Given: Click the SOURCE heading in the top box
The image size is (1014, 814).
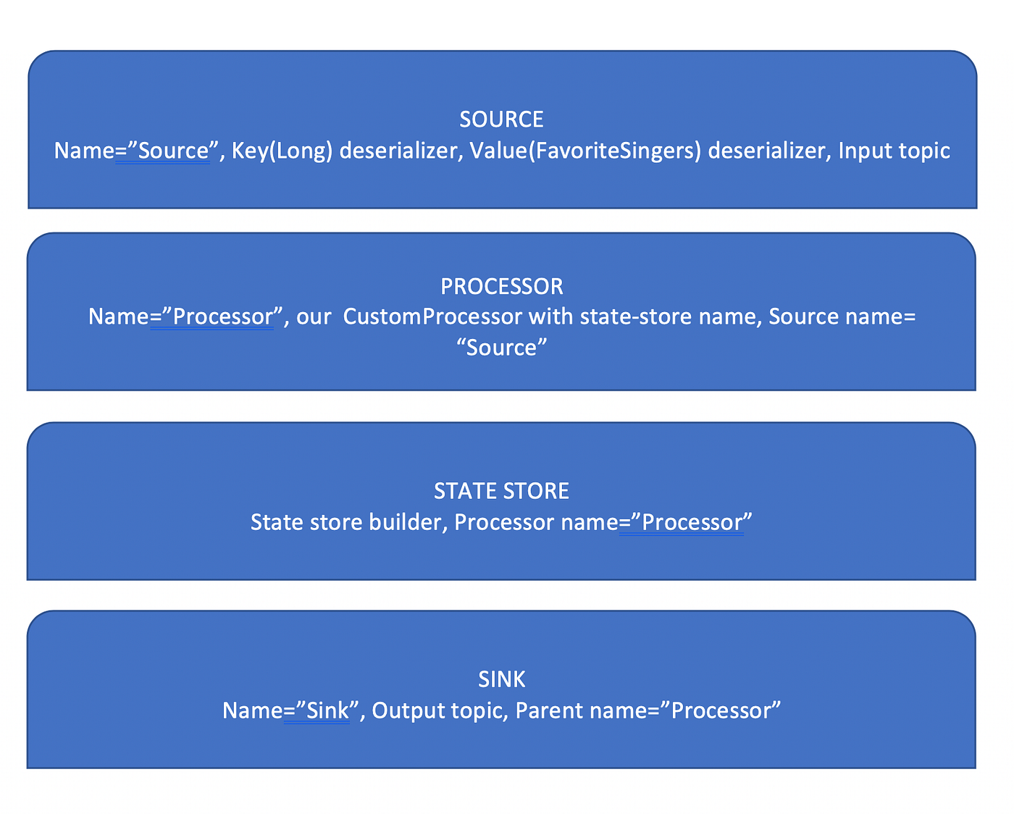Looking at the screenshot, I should pyautogui.click(x=501, y=119).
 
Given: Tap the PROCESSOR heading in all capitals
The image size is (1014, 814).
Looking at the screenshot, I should pyautogui.click(x=501, y=287).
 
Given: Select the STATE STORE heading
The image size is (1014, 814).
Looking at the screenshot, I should pyautogui.click(x=501, y=491).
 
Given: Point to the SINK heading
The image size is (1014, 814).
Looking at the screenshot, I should pyautogui.click(x=501, y=679).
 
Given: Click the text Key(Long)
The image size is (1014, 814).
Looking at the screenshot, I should pyautogui.click(x=282, y=151).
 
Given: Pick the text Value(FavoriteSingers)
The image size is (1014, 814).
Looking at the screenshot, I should pyautogui.click(x=585, y=151).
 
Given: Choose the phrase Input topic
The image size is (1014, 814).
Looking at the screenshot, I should pyautogui.click(x=894, y=151).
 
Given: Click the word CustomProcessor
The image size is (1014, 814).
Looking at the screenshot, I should pyautogui.click(x=432, y=317).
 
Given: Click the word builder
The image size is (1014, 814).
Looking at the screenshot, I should pyautogui.click(x=408, y=522).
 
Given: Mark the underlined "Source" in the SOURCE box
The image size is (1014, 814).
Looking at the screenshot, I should pyautogui.click(x=173, y=151).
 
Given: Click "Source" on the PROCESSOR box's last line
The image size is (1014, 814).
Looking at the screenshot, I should pyautogui.click(x=501, y=348).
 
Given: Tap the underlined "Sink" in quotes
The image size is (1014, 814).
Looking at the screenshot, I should pyautogui.click(x=327, y=710).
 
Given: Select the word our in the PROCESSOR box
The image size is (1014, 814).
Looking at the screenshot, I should pyautogui.click(x=314, y=317).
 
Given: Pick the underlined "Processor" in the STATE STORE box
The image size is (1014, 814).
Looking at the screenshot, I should pyautogui.click(x=692, y=522).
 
